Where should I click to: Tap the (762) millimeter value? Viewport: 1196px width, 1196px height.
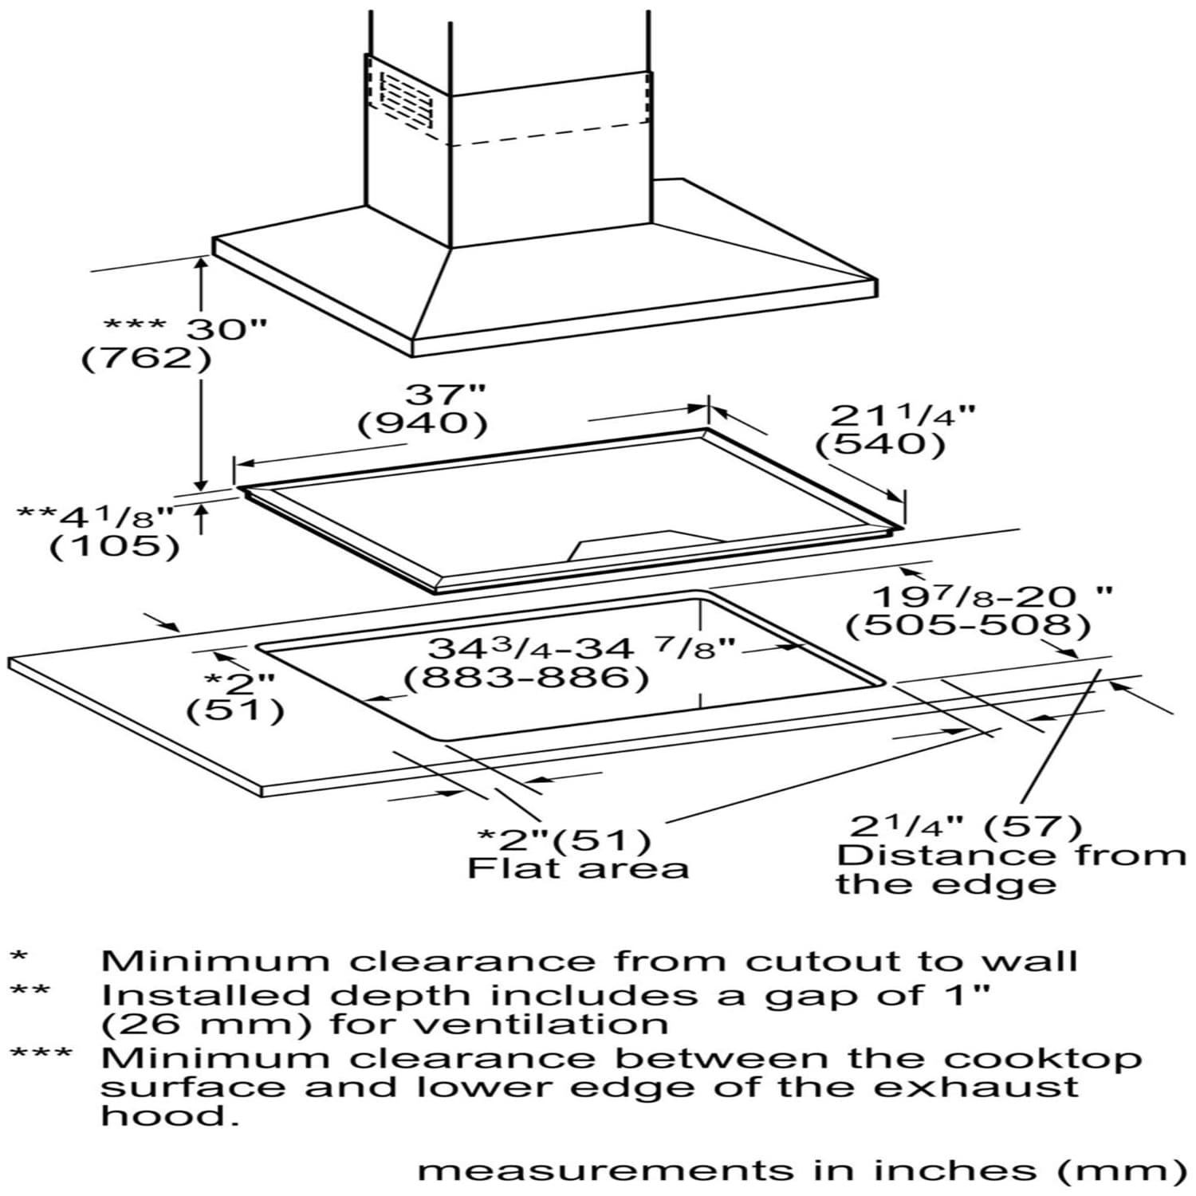(147, 358)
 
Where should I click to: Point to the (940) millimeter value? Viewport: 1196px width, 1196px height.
(423, 423)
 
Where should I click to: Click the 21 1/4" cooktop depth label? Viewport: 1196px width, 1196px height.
(903, 416)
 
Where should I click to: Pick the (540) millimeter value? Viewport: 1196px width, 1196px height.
(880, 444)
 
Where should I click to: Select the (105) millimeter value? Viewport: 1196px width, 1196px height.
(115, 547)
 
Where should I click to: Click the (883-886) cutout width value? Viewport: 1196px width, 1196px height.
(525, 679)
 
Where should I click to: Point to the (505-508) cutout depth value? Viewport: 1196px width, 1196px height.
(968, 626)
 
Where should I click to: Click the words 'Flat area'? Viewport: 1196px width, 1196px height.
(577, 868)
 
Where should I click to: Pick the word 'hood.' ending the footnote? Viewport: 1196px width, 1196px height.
(170, 1115)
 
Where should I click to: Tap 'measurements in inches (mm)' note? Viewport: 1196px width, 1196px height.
(802, 1170)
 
